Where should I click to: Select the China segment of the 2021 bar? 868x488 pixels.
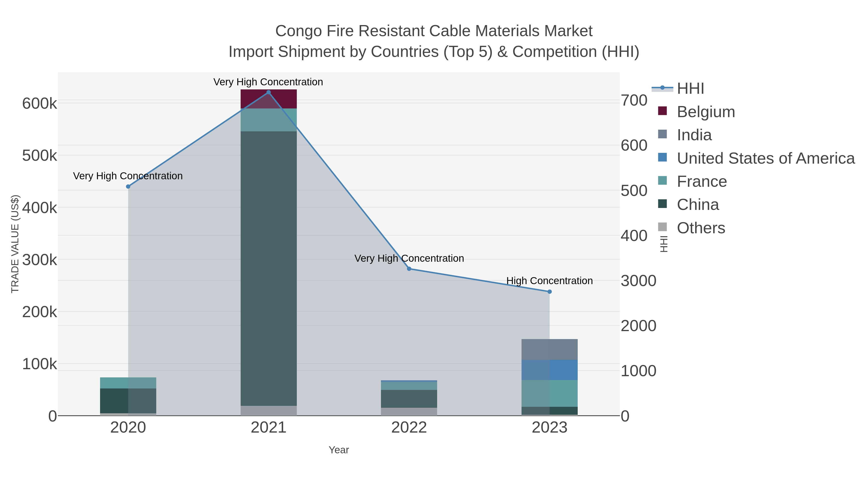pyautogui.click(x=269, y=268)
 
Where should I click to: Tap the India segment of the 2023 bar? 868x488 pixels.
pyautogui.click(x=549, y=349)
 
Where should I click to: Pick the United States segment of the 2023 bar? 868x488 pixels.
pyautogui.click(x=549, y=370)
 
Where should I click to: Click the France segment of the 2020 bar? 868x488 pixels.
pyautogui.click(x=128, y=383)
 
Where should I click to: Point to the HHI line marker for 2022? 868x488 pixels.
pyautogui.click(x=409, y=269)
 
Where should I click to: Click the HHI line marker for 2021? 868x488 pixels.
pyautogui.click(x=269, y=92)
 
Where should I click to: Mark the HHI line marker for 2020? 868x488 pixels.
pyautogui.click(x=128, y=187)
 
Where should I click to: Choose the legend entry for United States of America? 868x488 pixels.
pyautogui.click(x=766, y=158)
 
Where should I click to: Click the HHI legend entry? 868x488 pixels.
pyautogui.click(x=690, y=89)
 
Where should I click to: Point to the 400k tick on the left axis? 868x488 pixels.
pyautogui.click(x=40, y=208)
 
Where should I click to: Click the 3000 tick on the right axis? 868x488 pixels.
pyautogui.click(x=638, y=281)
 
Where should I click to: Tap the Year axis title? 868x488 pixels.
pyautogui.click(x=339, y=450)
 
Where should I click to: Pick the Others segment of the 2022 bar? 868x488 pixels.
pyautogui.click(x=409, y=412)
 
